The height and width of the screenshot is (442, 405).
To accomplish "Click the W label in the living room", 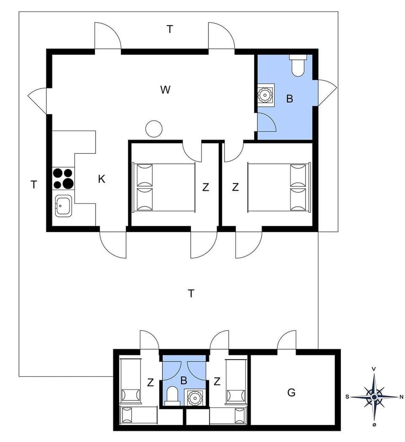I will (x=165, y=90).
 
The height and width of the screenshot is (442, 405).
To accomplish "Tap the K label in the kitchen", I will (x=101, y=179).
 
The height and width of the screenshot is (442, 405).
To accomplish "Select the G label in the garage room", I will (x=291, y=393).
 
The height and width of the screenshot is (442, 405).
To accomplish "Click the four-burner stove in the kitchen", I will (x=63, y=178).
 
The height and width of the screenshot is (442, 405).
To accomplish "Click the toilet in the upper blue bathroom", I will (x=298, y=66).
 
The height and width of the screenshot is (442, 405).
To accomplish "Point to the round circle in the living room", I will (x=154, y=128).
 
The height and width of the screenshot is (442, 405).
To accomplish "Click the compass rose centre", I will (x=374, y=397).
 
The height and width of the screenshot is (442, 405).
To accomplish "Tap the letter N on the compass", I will (x=401, y=396).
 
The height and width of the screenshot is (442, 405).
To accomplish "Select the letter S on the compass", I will (x=347, y=396).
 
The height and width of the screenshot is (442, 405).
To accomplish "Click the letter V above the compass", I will (x=374, y=369).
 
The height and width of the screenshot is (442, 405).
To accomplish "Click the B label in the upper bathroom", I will (x=289, y=99).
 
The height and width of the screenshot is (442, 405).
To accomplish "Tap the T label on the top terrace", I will (x=170, y=29).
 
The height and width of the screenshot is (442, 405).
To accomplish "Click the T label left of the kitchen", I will (x=34, y=184).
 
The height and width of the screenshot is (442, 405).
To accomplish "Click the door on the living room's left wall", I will (x=38, y=100).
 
